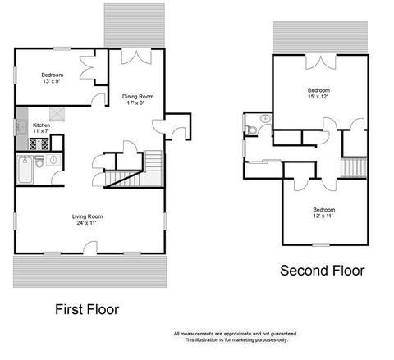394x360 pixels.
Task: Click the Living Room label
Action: tap(87, 220)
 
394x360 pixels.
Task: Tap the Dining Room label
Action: tap(138, 99)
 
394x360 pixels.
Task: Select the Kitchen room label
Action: tap(41, 128)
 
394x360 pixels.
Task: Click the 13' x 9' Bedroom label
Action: tap(53, 78)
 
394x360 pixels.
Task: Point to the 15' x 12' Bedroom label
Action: tap(318, 93)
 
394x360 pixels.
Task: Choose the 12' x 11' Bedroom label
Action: tap(323, 212)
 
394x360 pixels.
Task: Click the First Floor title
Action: tap(87, 309)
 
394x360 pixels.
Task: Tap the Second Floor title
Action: tap(323, 271)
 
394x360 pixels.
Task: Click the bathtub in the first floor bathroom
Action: tap(25, 170)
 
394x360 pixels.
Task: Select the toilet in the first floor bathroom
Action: tap(39, 162)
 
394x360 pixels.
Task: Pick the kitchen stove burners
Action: tap(39, 144)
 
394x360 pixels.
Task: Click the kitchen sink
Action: tap(21, 128)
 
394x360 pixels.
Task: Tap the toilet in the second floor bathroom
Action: tap(250, 130)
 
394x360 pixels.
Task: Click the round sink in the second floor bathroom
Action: tap(265, 119)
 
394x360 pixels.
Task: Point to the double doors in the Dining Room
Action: tap(136, 57)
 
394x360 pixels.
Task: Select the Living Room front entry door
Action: tap(90, 248)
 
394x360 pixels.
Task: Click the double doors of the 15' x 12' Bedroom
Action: tap(320, 62)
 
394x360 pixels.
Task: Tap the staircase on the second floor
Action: tap(354, 167)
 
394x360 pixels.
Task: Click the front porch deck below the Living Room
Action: tap(89, 271)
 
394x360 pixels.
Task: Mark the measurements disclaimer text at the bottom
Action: tap(236, 337)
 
